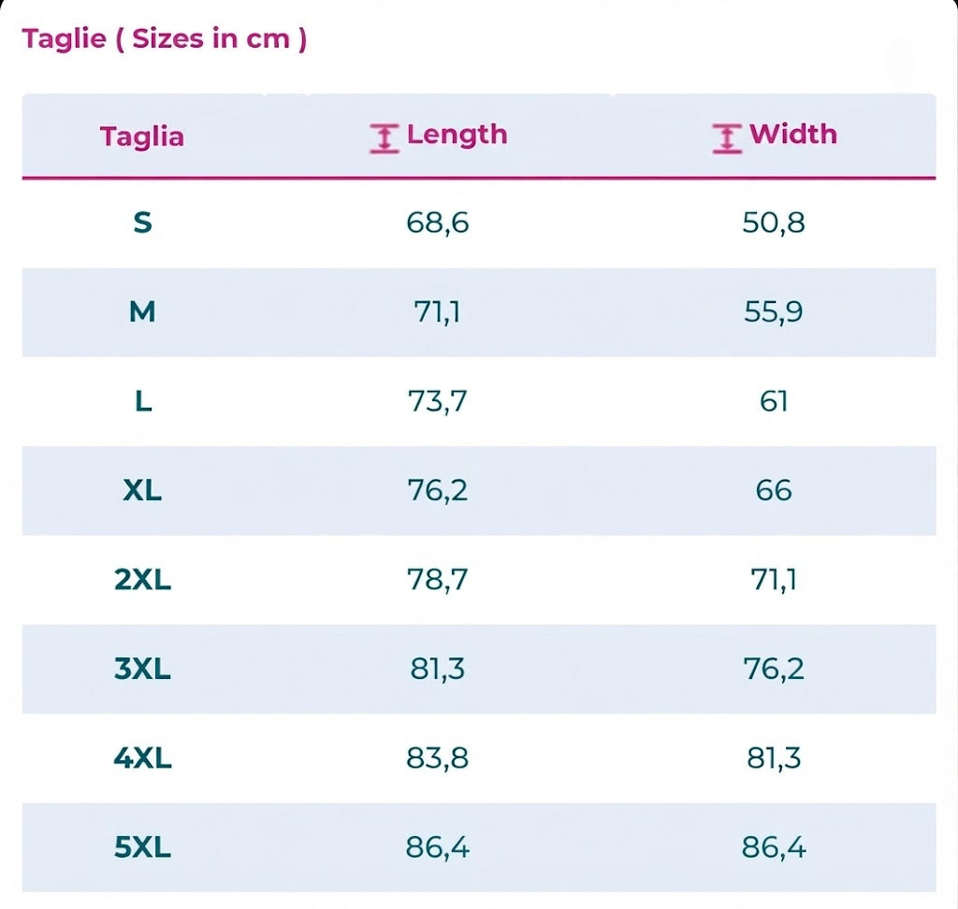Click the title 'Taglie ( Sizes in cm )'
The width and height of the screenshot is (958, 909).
click(x=165, y=38)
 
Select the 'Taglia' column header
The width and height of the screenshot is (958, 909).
click(x=142, y=137)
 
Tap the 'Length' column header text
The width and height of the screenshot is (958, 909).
click(x=457, y=135)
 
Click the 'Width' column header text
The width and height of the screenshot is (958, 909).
click(x=793, y=134)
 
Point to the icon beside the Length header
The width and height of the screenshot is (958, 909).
click(x=385, y=138)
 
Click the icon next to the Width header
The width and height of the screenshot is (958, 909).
click(x=727, y=138)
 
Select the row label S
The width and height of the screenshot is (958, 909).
click(x=142, y=223)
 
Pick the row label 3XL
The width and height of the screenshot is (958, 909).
click(x=142, y=669)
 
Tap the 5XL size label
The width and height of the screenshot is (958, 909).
click(x=142, y=847)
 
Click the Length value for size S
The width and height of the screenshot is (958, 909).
click(x=438, y=223)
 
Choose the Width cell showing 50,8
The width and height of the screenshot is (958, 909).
click(x=774, y=223)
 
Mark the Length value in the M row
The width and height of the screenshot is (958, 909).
click(x=438, y=312)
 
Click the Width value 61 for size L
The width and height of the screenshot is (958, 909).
click(x=774, y=401)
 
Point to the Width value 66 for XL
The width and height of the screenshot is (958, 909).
click(x=774, y=491)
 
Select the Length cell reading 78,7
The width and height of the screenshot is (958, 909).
click(x=438, y=580)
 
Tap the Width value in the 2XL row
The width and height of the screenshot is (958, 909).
click(x=774, y=580)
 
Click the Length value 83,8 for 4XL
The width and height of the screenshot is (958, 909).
click(x=438, y=758)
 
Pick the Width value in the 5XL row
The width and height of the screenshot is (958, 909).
click(x=774, y=847)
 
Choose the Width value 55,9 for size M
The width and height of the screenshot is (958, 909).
click(x=774, y=312)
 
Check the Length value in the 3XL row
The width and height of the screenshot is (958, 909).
click(x=438, y=669)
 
